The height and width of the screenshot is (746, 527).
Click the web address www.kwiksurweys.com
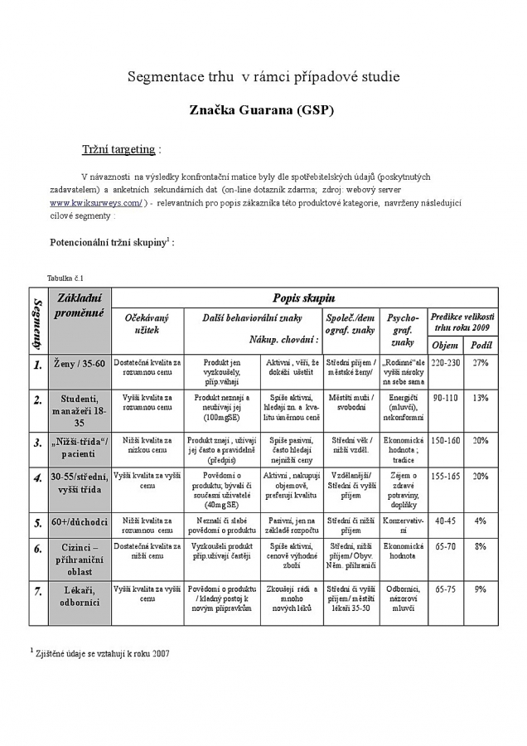96,202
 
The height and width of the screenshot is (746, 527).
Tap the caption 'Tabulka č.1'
65,278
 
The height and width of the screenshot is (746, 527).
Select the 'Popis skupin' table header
304,298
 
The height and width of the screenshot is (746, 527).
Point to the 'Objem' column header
445,345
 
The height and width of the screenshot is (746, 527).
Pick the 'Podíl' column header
481,345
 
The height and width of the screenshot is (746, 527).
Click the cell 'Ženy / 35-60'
80,363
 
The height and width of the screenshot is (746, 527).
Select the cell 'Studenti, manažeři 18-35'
80,410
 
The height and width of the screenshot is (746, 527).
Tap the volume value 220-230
446,363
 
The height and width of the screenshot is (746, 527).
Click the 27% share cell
481,363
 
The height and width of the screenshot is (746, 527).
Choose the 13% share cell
481,398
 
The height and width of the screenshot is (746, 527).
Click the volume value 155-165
446,477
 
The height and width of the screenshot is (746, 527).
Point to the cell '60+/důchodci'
80,522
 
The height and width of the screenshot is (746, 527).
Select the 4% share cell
481,521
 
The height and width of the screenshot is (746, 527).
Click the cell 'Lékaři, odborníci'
80,595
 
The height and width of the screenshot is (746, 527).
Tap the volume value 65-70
446,546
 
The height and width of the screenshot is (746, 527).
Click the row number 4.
38,477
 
